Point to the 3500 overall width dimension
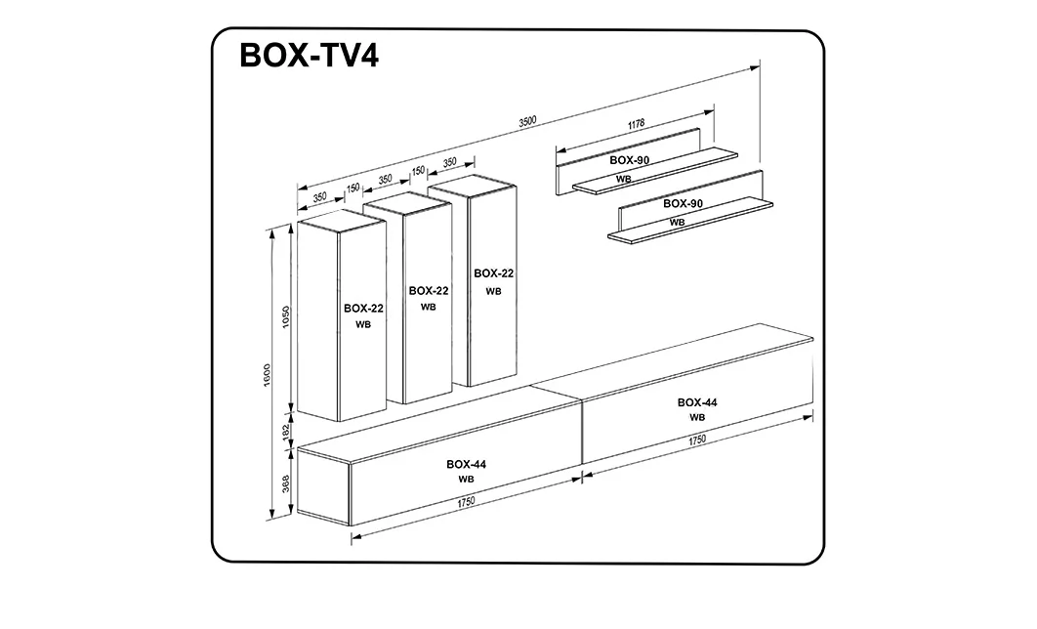527,121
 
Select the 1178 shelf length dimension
636,124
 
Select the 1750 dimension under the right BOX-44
696,440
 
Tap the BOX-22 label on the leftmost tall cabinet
363,308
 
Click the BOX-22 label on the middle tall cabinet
429,290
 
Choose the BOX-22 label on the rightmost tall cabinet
493,273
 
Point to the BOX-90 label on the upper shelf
630,159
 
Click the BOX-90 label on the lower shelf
684,203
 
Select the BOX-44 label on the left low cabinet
466,464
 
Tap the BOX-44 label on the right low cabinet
697,401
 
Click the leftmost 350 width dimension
319,197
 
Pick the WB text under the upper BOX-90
623,179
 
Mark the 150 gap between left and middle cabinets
353,189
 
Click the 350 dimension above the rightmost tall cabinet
449,162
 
